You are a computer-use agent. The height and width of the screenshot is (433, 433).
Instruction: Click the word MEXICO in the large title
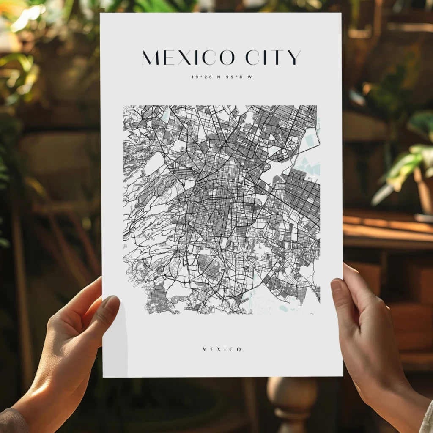(188, 58)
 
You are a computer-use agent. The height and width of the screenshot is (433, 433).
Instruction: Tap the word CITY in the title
(273, 58)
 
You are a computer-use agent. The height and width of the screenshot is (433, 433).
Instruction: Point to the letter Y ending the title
(295, 58)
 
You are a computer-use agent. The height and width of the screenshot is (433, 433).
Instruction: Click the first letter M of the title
(151, 58)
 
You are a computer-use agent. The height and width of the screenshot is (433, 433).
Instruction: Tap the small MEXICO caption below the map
(222, 349)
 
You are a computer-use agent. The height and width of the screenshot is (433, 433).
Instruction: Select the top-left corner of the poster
(101, 14)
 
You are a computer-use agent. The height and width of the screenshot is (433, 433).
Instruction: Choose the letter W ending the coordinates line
(250, 77)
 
